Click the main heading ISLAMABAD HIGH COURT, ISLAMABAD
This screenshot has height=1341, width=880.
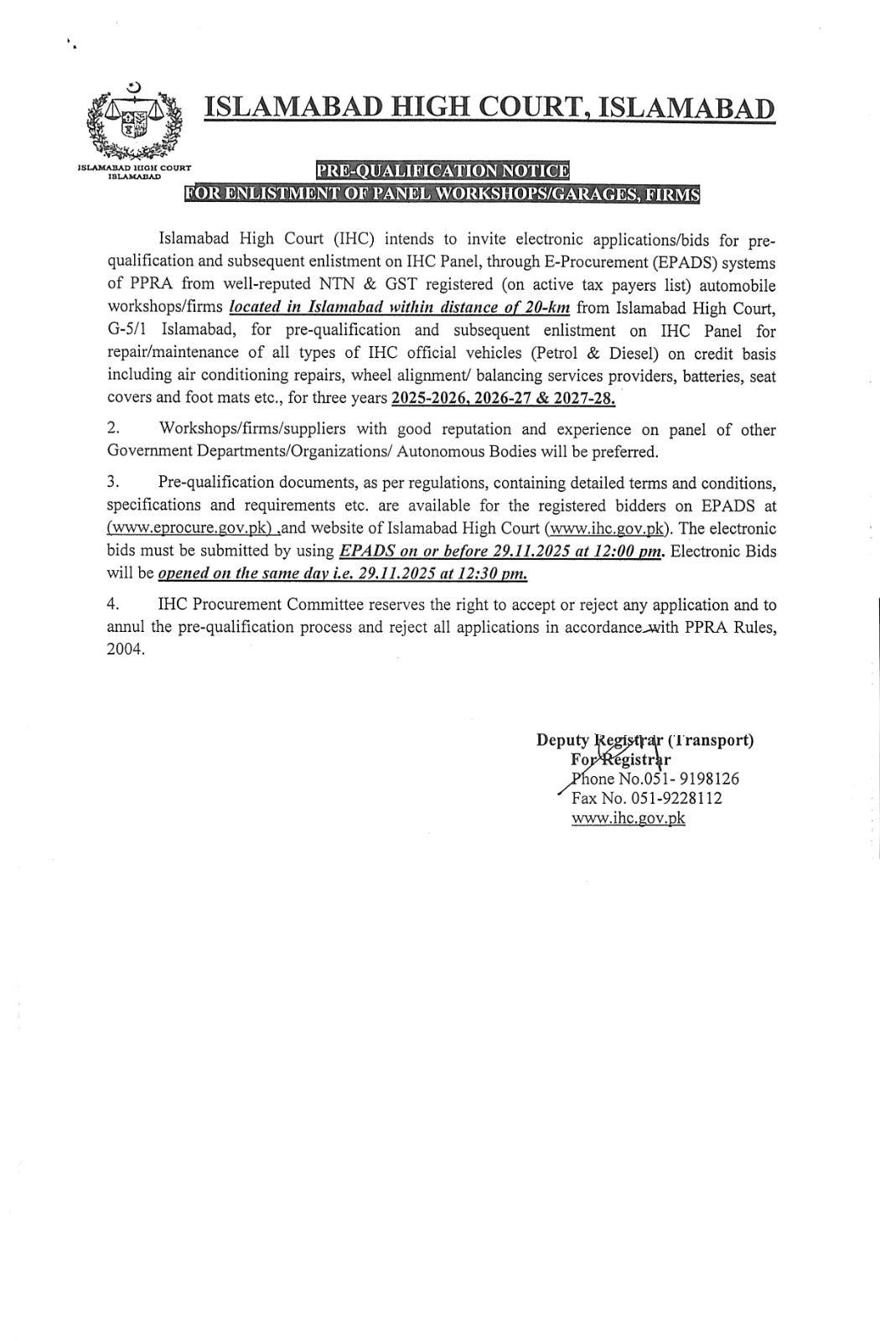(490, 108)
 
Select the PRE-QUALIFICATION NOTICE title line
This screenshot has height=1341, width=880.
(443, 171)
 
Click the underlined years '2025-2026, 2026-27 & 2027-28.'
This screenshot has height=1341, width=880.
(503, 398)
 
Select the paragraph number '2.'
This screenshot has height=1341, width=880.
(113, 429)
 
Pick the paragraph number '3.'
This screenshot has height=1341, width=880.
(113, 484)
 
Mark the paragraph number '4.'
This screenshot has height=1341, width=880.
(113, 605)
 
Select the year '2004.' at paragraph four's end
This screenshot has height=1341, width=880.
(126, 650)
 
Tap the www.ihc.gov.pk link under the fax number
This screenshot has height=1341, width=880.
(629, 819)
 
